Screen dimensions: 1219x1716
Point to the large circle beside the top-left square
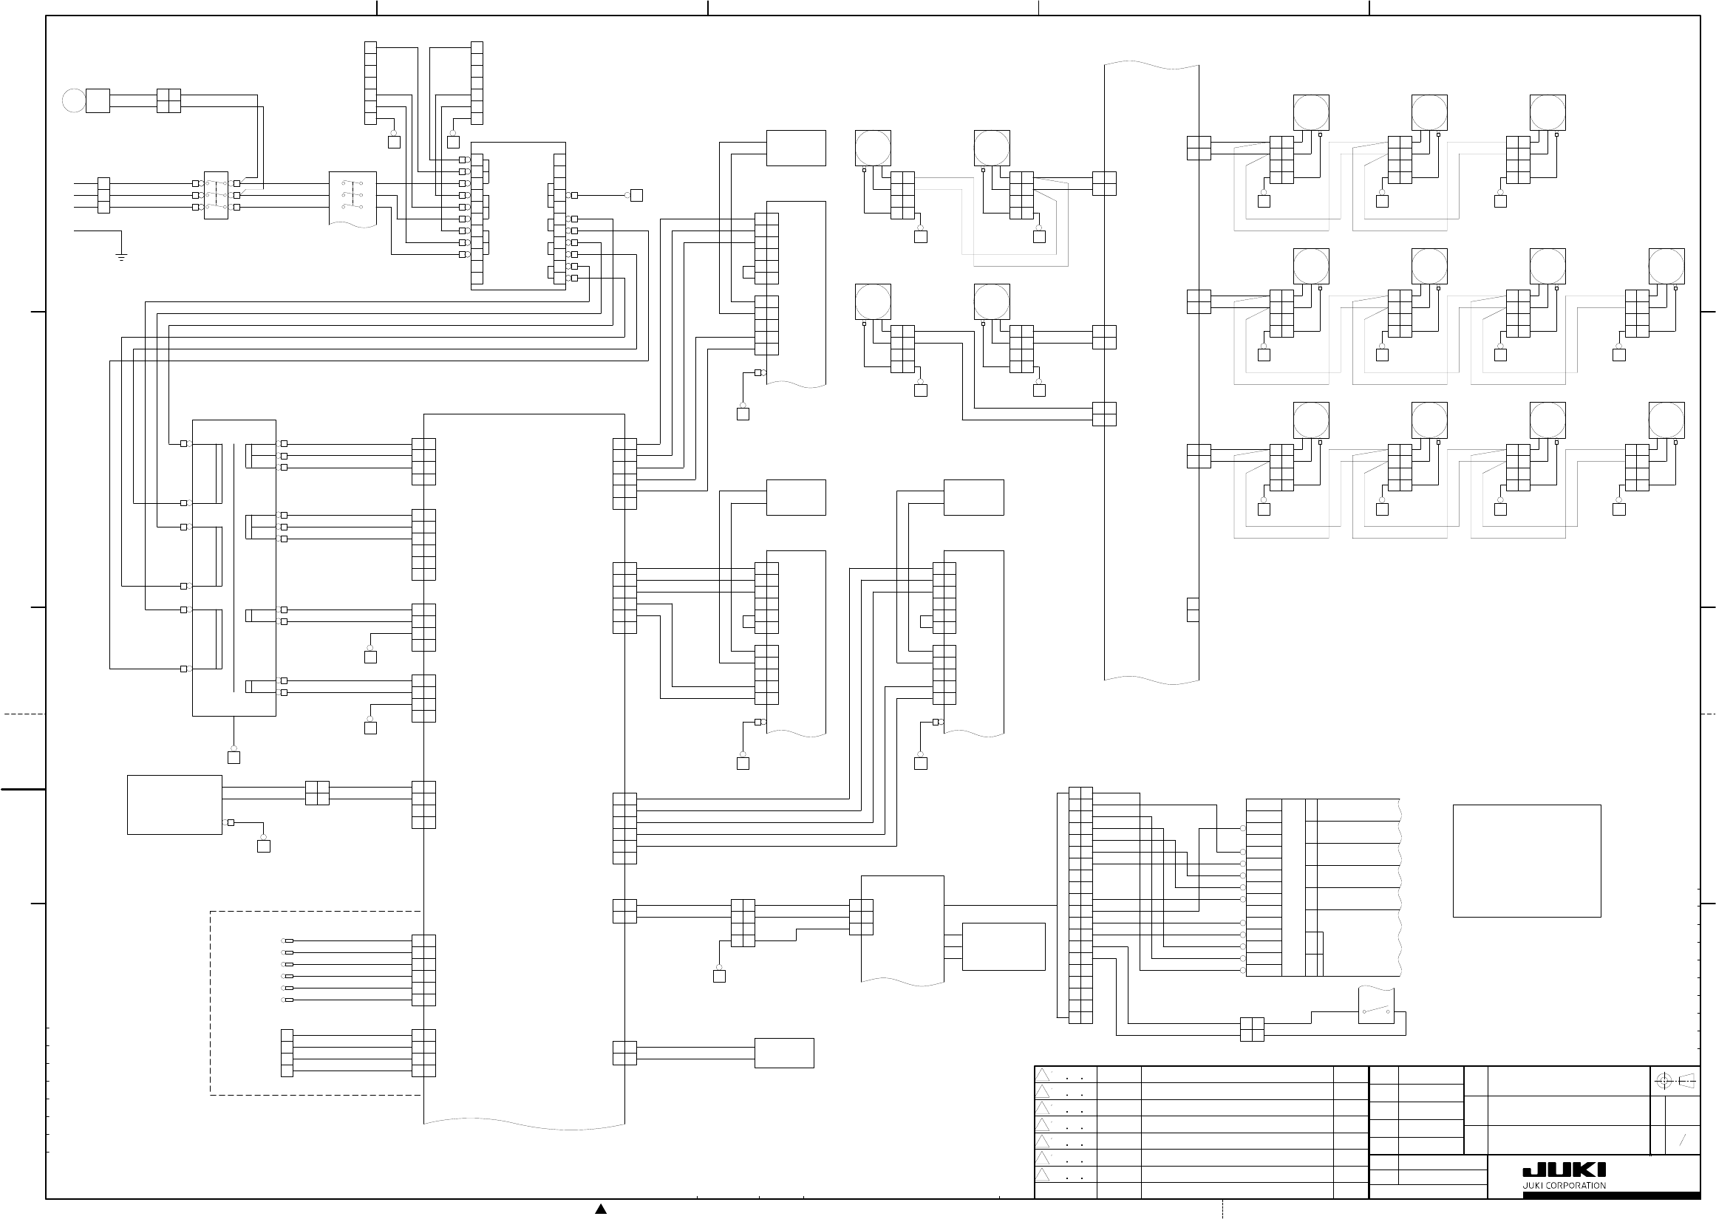tap(74, 100)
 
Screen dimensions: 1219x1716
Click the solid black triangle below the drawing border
tap(601, 1209)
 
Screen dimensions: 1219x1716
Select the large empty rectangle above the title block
tap(1527, 861)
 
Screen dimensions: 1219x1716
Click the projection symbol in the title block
tap(1677, 1082)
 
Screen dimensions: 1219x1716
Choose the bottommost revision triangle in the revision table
tap(1043, 1175)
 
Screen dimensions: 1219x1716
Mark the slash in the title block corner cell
tap(1683, 1140)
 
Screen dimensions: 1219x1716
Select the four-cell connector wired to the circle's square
tap(169, 100)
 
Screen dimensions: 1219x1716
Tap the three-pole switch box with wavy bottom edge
tap(353, 197)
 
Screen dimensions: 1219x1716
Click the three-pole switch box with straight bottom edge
tap(216, 195)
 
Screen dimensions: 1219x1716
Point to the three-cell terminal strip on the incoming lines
tap(103, 195)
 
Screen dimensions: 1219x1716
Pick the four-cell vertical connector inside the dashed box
tap(287, 1053)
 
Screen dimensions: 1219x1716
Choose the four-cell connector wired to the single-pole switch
tap(1252, 1029)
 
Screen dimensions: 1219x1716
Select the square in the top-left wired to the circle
tap(98, 100)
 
